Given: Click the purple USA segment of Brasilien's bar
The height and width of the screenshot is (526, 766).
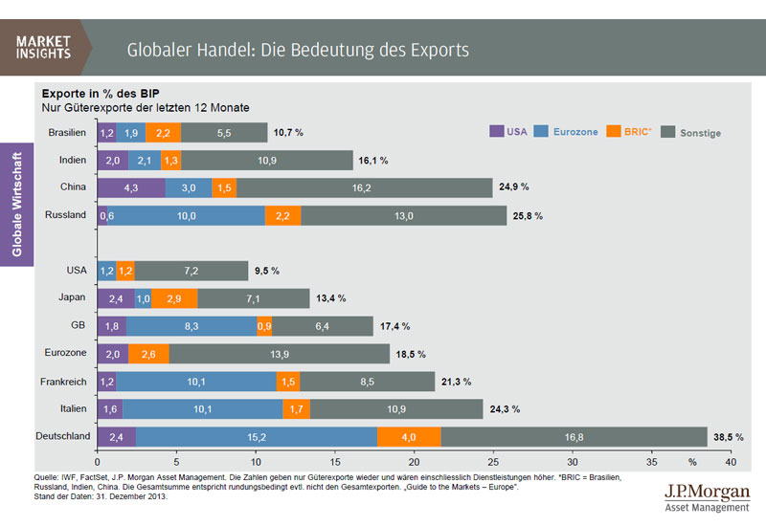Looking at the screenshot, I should [x=107, y=133].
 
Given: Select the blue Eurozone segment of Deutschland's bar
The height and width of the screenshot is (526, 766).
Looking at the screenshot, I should [x=257, y=436].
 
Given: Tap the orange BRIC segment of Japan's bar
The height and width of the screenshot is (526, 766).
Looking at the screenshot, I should [x=174, y=298].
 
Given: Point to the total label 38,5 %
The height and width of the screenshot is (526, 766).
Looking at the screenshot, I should [x=729, y=436].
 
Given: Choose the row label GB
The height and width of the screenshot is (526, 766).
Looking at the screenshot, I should [x=79, y=325].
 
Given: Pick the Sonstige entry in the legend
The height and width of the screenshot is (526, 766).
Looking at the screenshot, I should [x=699, y=133].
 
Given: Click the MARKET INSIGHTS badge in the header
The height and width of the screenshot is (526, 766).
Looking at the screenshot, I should [x=45, y=47].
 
